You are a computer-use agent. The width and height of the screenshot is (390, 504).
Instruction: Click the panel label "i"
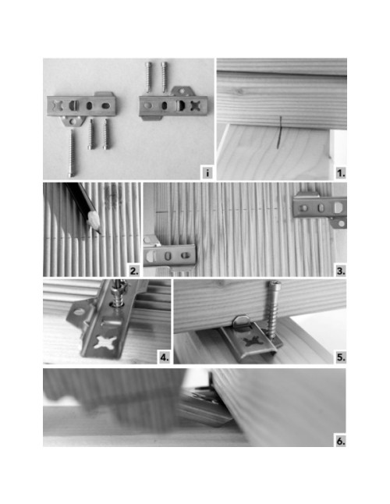(207, 173)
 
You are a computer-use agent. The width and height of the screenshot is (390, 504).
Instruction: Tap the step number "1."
(341, 173)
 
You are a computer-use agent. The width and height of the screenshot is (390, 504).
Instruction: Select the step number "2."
(134, 271)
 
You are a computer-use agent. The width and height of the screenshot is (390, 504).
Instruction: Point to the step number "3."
(341, 271)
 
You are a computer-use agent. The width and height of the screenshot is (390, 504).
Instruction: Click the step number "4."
(164, 357)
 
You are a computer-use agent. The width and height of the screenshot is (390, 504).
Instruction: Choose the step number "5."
(341, 357)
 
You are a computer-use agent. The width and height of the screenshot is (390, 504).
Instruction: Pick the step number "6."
(341, 441)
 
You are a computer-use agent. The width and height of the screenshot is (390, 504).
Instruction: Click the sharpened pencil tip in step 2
(100, 232)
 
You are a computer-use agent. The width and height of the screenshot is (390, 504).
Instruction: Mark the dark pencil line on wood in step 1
(279, 133)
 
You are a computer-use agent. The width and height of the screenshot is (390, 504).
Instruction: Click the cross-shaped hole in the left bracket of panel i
(56, 105)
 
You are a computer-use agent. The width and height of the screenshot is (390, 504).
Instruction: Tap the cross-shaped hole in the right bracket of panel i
(197, 105)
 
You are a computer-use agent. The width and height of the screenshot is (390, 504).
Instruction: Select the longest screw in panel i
(72, 153)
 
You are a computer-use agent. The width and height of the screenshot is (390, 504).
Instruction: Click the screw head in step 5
(275, 284)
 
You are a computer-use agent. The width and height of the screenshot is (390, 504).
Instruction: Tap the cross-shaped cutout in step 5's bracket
(253, 342)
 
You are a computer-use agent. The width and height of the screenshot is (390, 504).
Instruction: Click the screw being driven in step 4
(119, 293)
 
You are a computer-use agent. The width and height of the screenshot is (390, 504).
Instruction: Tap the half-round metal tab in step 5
(242, 321)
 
